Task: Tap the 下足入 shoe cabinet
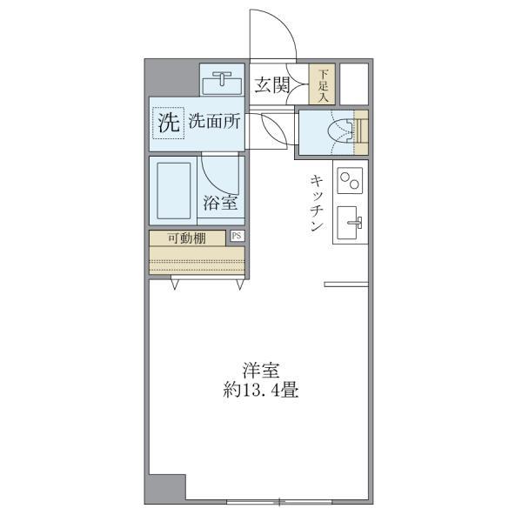[323, 85]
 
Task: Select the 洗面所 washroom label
[215, 123]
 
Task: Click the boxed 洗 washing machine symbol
[169, 122]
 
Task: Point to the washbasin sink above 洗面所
[224, 83]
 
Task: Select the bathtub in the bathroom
[174, 190]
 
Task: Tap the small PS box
[238, 236]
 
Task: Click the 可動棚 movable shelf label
[186, 238]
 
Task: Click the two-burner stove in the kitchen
[350, 182]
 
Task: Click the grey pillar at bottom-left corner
[166, 488]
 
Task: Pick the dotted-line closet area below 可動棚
[197, 260]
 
